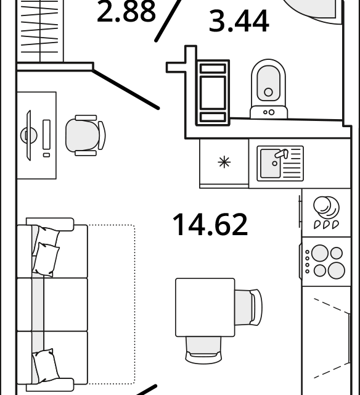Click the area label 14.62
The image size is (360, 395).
pos(210,225)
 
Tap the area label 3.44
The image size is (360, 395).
pos(239,21)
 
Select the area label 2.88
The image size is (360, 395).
pos(126,10)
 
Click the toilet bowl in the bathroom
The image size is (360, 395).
pos(268,83)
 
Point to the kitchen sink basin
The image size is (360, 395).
pos(271,163)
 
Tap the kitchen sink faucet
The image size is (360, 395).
pos(282,154)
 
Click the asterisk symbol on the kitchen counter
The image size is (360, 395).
pos(224,162)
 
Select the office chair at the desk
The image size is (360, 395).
pos(86,135)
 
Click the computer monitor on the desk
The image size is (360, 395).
pos(28,135)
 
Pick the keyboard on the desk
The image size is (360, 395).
pos(46,135)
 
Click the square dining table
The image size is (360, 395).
pos(205,307)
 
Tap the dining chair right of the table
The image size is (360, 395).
pos(248,307)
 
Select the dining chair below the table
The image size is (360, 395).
pos(204,350)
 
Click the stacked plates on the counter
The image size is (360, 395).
pos(326,207)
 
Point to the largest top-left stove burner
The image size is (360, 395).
pos(320,253)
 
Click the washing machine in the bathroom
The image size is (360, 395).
pos(213,93)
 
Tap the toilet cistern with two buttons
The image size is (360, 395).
pos(269,112)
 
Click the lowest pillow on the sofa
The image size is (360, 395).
pos(46,364)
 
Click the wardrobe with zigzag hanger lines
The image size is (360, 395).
pos(39,31)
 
